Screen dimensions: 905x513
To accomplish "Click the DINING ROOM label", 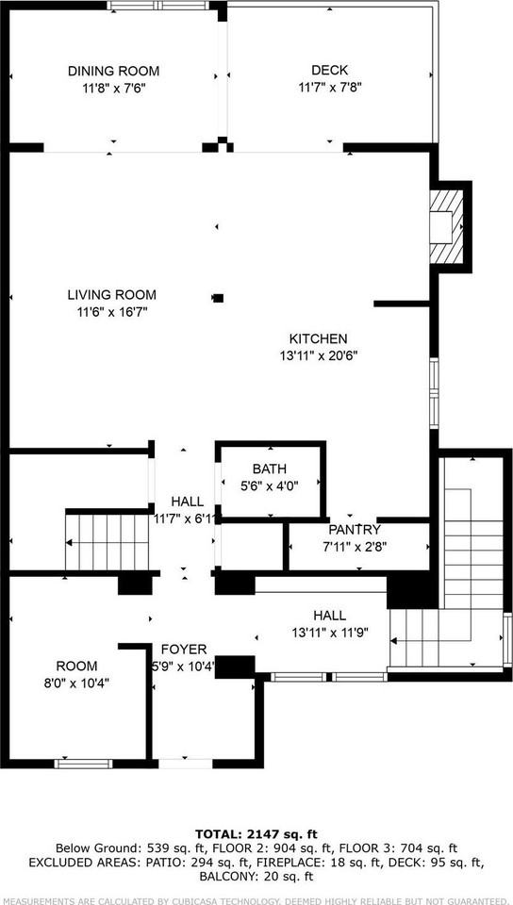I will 113,71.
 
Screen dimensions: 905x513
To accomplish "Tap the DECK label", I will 330,70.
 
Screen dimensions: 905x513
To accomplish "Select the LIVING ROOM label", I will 111,294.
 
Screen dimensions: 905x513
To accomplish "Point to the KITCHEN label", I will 319,338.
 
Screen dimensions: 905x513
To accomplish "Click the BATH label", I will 269,469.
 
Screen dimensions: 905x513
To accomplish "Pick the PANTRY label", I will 355,530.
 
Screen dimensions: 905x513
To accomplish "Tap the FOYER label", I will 184,650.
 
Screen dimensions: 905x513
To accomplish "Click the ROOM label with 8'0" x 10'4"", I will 76,666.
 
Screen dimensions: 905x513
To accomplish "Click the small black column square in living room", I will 218,298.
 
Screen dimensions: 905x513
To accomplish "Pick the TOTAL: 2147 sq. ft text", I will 256,833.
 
